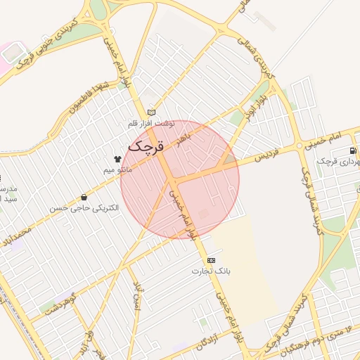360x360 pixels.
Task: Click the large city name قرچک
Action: pos(146,147)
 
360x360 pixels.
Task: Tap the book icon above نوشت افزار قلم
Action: pos(151,112)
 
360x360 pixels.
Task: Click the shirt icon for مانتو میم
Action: pos(117,159)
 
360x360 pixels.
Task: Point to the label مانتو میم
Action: pos(117,169)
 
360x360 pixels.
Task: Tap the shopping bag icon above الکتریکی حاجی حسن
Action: pos(85,198)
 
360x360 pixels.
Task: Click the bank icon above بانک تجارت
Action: pos(212,260)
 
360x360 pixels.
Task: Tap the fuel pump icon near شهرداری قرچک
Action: pos(352,150)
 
